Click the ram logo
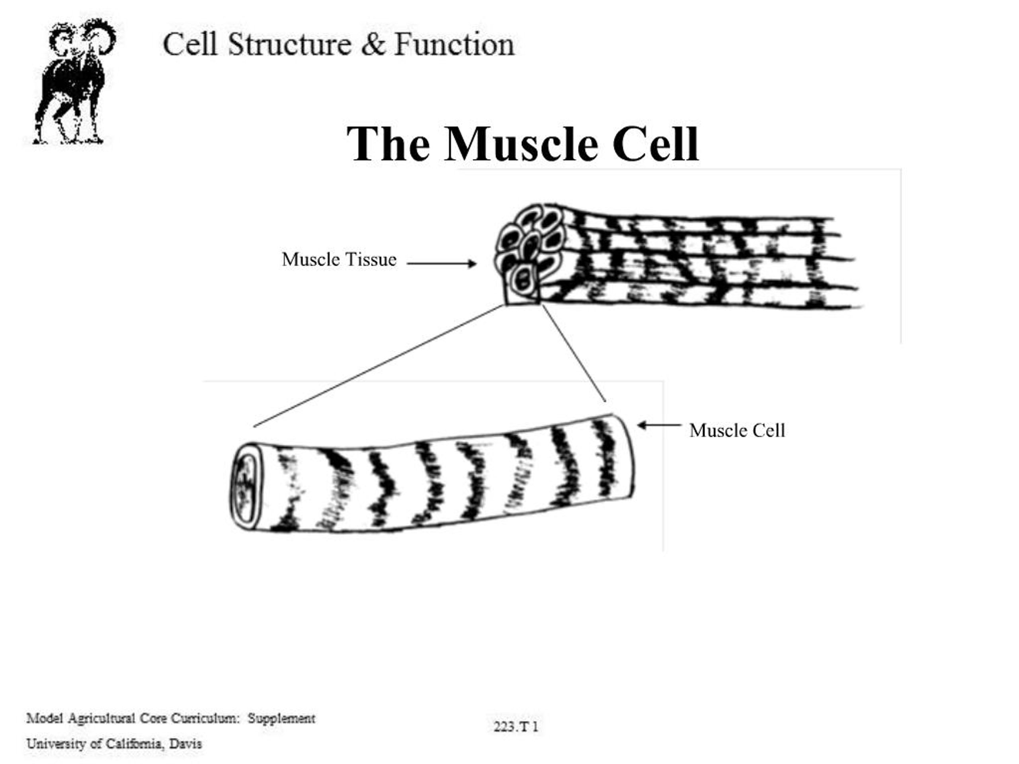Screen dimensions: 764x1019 click(74, 82)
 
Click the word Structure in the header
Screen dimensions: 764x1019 click(290, 45)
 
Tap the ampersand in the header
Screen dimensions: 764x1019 click(373, 45)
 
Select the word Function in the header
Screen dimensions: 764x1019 click(454, 45)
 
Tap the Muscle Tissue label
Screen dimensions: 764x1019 click(339, 259)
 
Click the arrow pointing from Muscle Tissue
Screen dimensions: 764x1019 click(441, 263)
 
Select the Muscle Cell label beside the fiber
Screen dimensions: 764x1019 click(737, 431)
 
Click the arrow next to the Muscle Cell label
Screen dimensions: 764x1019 click(659, 425)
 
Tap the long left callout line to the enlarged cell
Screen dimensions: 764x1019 click(378, 366)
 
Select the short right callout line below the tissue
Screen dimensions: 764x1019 click(574, 353)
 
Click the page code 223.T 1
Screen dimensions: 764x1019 click(515, 727)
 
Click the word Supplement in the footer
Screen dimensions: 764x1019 click(281, 718)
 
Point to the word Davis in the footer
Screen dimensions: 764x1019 click(185, 744)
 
